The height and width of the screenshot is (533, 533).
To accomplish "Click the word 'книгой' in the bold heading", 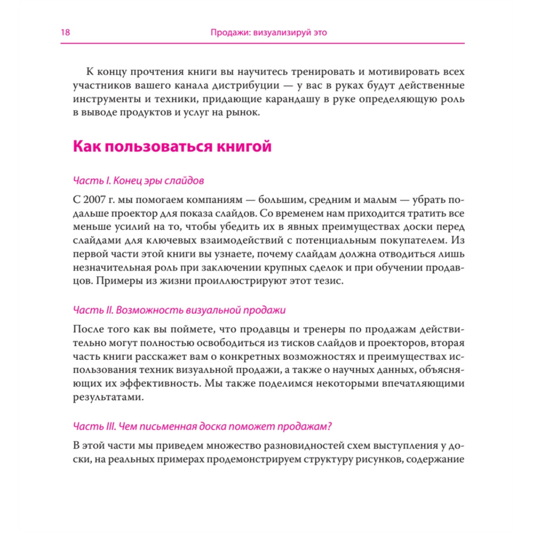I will point(242,147).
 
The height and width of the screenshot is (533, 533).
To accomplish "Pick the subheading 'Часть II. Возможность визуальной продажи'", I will point(179,310).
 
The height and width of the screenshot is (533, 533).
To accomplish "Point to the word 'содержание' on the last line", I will point(437,459).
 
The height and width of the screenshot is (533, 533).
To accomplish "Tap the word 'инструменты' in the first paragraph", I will point(106,99).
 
